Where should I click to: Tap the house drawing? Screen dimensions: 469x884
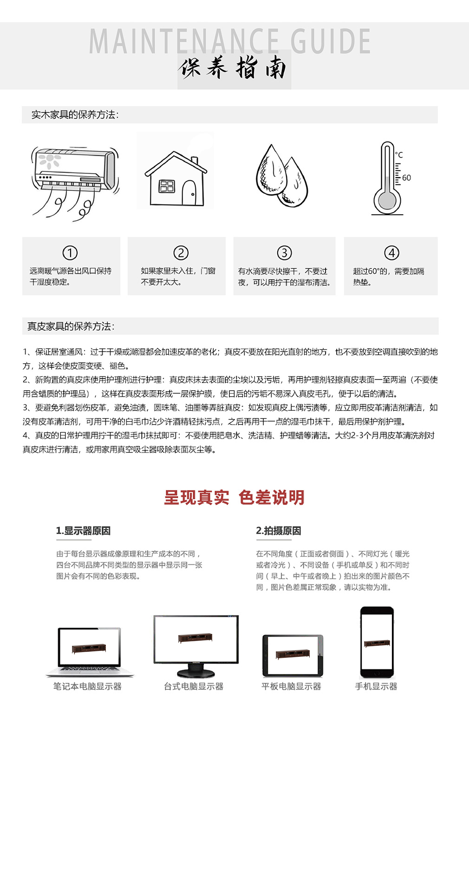(x=176, y=179)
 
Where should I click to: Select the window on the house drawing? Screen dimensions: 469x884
(x=166, y=186)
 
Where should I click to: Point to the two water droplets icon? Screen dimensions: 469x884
(x=282, y=176)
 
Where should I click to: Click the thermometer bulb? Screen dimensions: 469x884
(x=387, y=201)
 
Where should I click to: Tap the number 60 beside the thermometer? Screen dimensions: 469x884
(x=406, y=178)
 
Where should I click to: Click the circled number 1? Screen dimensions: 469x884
(x=70, y=253)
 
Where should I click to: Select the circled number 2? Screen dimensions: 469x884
(x=181, y=253)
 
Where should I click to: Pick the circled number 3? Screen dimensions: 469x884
(x=284, y=253)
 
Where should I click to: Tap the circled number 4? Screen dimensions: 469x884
(x=391, y=253)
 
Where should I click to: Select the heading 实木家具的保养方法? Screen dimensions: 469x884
(x=75, y=115)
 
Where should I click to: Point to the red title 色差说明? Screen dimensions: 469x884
(x=272, y=498)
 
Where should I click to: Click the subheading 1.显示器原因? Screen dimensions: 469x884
(x=83, y=531)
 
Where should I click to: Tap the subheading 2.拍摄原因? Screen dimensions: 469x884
(x=279, y=531)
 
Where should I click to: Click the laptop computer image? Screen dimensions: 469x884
(x=90, y=652)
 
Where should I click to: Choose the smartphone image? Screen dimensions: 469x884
(x=377, y=642)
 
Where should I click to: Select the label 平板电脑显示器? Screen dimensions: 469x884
(x=291, y=687)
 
